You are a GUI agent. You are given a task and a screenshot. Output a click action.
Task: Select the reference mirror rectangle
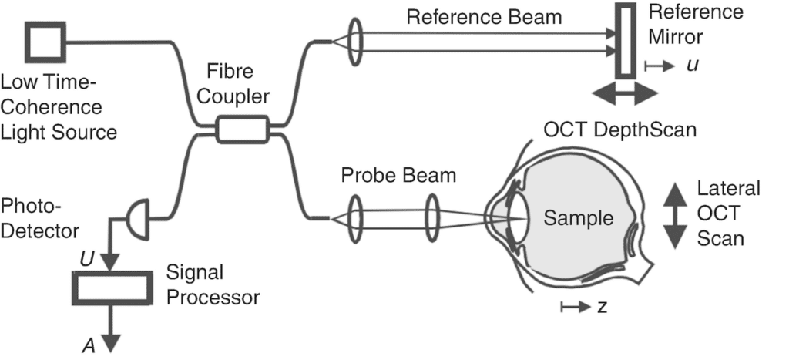[625, 40]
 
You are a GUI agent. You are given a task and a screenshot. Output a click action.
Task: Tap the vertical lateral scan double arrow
[674, 216]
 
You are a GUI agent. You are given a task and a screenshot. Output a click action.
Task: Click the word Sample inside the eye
[578, 218]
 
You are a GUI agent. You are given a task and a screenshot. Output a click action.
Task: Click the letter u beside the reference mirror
[692, 66]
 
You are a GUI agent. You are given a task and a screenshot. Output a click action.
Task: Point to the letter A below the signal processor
[89, 345]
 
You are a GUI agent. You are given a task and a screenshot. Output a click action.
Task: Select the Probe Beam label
[398, 176]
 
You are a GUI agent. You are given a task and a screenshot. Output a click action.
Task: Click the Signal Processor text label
[214, 284]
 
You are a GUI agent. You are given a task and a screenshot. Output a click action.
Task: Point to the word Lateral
[728, 189]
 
